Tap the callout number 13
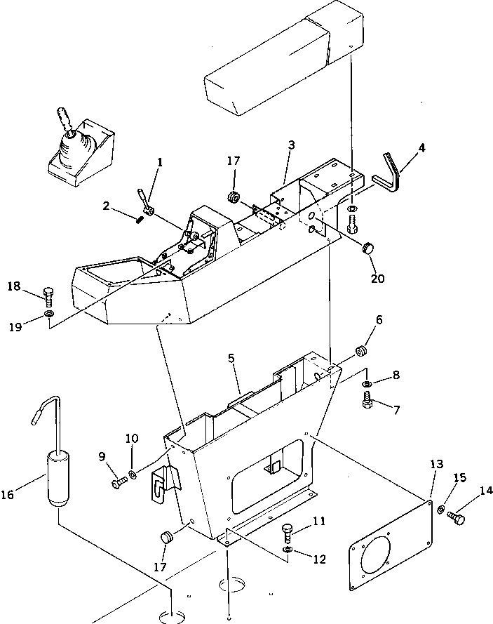436,465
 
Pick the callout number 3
291,145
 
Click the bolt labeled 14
456,519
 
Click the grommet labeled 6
362,350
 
